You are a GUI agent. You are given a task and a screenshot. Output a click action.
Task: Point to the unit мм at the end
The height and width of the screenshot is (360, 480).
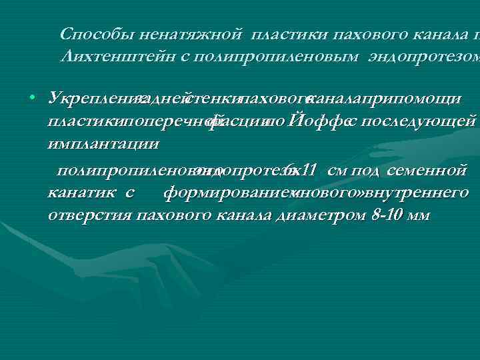click(x=420, y=217)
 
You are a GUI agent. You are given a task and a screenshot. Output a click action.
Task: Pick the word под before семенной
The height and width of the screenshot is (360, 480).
click(x=365, y=171)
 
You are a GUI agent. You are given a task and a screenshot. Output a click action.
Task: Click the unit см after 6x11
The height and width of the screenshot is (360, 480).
click(x=337, y=170)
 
